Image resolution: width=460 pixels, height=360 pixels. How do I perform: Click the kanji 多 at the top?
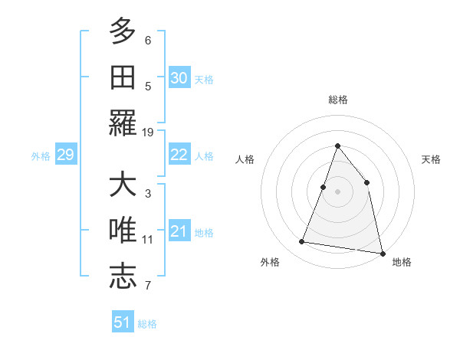pos(123,32)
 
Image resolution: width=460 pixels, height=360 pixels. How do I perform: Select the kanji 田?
pos(123,77)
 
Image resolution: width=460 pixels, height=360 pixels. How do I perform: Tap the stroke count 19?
pos(148,133)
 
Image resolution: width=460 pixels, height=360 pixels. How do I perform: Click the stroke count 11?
pos(148,240)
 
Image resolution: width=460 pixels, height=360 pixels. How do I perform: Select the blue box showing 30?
pos(179,77)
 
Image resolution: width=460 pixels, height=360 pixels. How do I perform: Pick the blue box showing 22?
pos(179,155)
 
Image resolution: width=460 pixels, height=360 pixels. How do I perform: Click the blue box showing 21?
pos(179,231)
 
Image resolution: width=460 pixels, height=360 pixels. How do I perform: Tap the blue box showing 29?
pos(65,155)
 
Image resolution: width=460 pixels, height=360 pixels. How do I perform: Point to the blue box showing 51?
pos(123,322)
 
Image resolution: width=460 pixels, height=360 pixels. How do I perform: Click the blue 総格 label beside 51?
pos(147,324)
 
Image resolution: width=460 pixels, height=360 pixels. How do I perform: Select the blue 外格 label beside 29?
pos(41,156)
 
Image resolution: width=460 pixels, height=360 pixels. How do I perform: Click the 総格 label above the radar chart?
pos(337,100)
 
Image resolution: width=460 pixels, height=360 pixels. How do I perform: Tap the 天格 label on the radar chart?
pos(432,159)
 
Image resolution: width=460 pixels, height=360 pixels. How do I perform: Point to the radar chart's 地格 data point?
pos(382,252)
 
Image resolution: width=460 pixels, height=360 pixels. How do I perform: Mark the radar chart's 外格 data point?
pos(302,242)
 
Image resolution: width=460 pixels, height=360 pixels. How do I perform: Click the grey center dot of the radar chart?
pos(337,191)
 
